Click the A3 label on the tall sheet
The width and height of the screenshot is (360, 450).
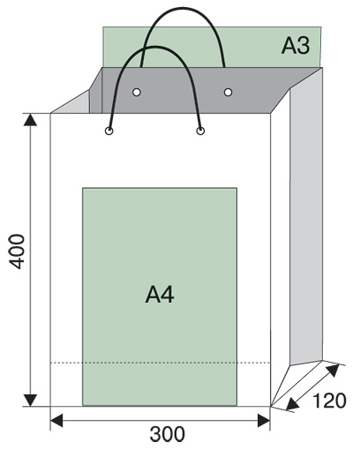click(x=296, y=46)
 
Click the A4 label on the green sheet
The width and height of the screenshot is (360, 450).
click(x=160, y=295)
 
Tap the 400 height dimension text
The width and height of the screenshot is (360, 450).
click(x=17, y=251)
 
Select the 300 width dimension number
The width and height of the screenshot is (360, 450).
click(x=168, y=434)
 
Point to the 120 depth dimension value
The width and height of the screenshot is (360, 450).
click(x=329, y=401)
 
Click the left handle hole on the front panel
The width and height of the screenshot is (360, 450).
click(x=109, y=131)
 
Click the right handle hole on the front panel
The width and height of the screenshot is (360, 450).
click(x=200, y=131)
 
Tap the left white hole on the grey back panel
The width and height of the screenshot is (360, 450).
click(x=137, y=93)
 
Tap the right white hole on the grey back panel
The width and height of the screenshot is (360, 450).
click(x=228, y=93)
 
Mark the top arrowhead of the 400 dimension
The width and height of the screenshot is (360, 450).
click(x=30, y=119)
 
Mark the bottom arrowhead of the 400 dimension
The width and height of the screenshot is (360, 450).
click(x=30, y=401)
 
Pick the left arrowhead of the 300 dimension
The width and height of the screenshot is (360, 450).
click(x=56, y=420)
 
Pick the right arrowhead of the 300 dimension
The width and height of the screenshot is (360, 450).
click(x=264, y=420)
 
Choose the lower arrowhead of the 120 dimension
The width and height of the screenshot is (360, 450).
click(x=292, y=404)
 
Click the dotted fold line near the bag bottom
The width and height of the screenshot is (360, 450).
click(x=161, y=363)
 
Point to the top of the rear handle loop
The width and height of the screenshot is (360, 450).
click(x=184, y=9)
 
